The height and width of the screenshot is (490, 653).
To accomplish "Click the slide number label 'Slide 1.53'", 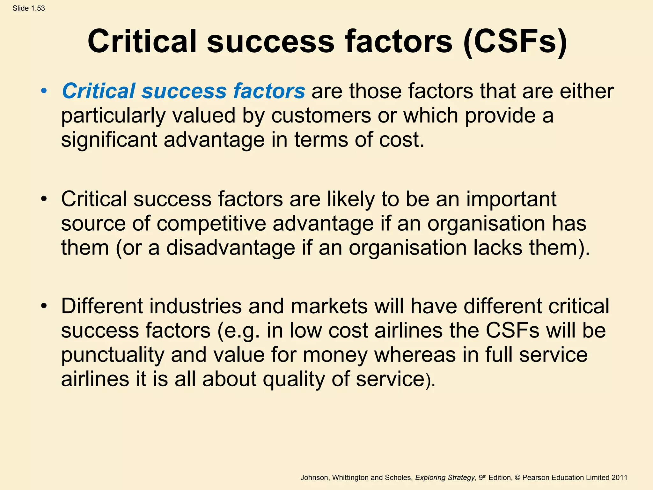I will click(29, 8).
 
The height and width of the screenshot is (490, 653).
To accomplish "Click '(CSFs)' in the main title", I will click(515, 41).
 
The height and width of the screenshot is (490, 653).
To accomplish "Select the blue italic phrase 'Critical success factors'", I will click(183, 91).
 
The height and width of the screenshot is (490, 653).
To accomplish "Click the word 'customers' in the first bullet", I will click(321, 115).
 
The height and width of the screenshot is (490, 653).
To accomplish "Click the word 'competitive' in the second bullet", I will click(211, 223).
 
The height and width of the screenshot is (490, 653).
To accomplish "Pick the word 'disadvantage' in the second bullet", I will click(230, 248).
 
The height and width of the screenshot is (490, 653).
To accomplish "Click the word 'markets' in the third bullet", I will click(329, 306).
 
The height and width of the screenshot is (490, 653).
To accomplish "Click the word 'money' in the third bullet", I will click(335, 355).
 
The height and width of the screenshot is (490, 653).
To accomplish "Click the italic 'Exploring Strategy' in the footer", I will click(445, 478).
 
